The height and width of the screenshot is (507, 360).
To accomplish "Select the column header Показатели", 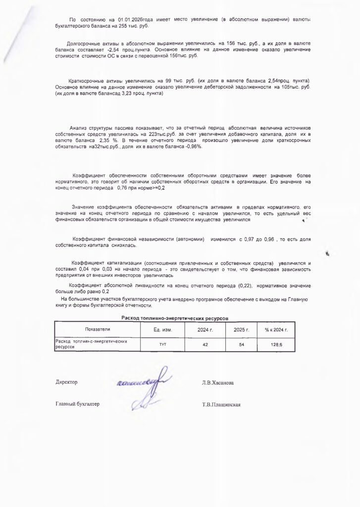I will pos(98,329).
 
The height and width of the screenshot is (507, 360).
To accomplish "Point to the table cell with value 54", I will pos(241,344).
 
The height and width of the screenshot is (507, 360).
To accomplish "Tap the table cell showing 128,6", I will pos(276,344).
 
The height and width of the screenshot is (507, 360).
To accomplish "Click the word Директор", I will pos(66,382).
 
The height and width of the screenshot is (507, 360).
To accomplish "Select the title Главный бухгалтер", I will pos(77,404).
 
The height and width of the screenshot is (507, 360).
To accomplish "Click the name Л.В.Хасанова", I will pos(218,383).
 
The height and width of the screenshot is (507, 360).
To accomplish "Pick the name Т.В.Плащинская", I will pos(221,405).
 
